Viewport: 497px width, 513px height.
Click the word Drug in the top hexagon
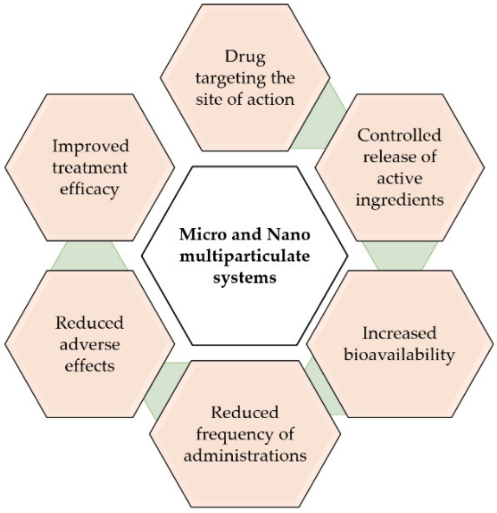245,57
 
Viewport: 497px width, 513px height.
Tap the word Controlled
399,135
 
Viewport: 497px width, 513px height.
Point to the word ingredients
399,200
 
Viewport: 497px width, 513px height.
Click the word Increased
399,333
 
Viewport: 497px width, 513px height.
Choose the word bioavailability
399,355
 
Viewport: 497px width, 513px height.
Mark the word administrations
245,455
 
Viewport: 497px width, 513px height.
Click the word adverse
90,344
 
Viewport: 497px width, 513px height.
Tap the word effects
90,366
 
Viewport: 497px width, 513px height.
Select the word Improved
91,146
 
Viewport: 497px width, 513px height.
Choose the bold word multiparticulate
244,256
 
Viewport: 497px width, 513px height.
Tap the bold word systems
244,277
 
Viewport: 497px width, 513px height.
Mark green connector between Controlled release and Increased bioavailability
400,255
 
